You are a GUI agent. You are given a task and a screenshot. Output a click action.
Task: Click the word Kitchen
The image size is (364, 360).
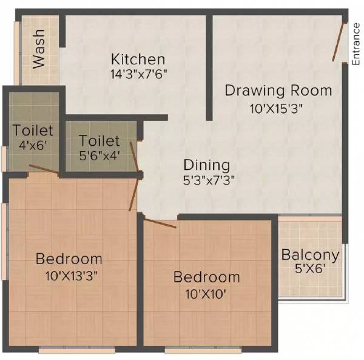tap(138, 59)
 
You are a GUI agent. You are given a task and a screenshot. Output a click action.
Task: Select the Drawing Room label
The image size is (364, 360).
tap(278, 91)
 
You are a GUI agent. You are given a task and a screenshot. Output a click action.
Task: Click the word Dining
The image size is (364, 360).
tap(207, 165)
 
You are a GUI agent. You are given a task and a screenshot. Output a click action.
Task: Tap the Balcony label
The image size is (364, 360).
tap(310, 254)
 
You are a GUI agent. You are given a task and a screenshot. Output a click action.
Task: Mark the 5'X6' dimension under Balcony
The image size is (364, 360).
tap(310, 269)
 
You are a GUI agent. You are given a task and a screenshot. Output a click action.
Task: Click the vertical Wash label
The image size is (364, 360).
tap(39, 55)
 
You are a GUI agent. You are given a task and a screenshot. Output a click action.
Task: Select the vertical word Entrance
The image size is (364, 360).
tap(356, 44)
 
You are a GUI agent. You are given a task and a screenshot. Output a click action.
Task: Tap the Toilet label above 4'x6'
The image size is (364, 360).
tap(33, 131)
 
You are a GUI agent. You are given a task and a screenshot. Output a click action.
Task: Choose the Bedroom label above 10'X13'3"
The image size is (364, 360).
tap(69, 259)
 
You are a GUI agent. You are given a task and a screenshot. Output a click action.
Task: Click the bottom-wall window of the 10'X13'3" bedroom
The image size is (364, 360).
tap(66, 350)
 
